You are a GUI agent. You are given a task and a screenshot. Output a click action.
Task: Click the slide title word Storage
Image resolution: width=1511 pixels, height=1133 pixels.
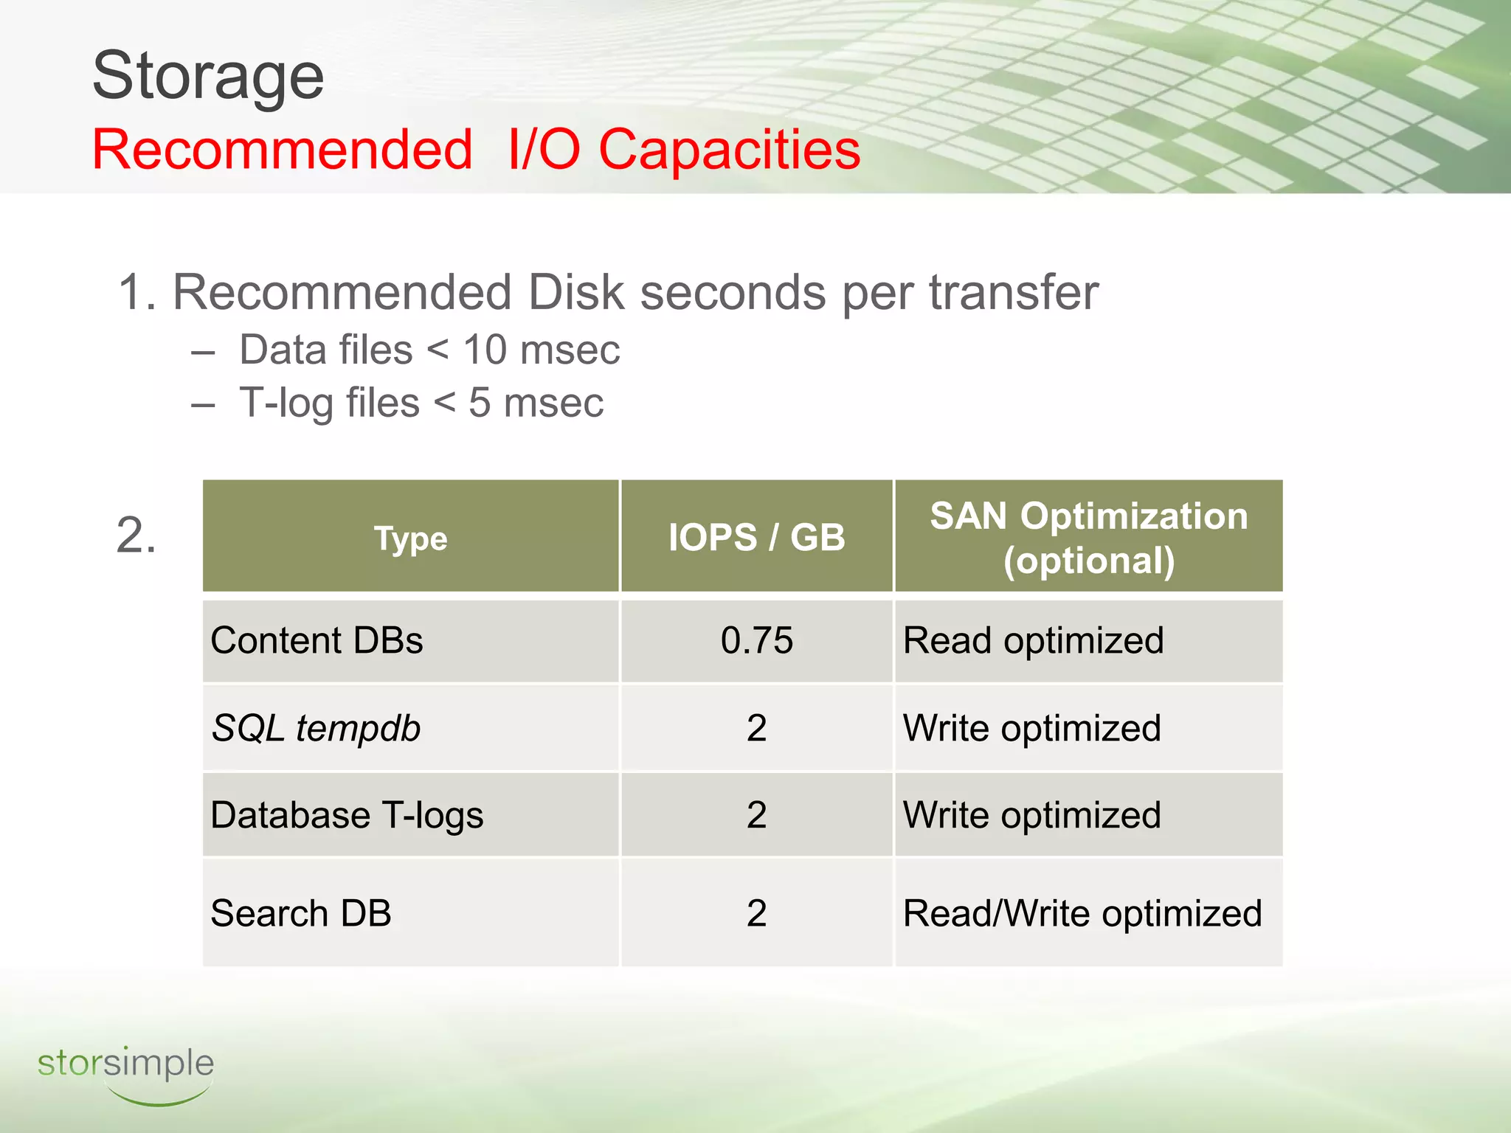tap(208, 76)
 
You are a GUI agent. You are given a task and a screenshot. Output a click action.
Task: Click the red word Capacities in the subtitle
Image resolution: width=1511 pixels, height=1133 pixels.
tap(729, 150)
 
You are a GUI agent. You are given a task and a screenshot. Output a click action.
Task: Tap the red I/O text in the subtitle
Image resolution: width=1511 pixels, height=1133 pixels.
tap(543, 150)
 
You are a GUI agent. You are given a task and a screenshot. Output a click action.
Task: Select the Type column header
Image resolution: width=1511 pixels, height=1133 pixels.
tap(410, 538)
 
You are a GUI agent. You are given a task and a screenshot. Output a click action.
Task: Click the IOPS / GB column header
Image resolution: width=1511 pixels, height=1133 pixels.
tap(756, 537)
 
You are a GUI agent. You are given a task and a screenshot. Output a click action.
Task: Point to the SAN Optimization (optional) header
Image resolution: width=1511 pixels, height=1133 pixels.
tap(1088, 538)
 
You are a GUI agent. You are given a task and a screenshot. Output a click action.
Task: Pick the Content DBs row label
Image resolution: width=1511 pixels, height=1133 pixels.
tap(317, 640)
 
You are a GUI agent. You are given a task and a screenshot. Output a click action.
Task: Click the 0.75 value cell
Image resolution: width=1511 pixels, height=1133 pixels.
tap(756, 640)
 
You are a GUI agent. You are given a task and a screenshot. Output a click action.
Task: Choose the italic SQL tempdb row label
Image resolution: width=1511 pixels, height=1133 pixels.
tap(316, 729)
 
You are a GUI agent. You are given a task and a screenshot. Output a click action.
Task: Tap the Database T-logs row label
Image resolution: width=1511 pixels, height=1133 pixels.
tap(347, 816)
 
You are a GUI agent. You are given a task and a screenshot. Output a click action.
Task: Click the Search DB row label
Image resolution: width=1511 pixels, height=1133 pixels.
tap(300, 913)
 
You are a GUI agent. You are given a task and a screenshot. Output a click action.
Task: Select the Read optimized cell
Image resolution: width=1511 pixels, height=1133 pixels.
tap(1033, 640)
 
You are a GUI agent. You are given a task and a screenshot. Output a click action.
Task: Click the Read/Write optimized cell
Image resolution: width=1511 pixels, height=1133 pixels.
tap(1082, 913)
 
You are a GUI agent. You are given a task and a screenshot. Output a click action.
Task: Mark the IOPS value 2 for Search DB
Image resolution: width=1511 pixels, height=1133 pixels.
tap(756, 913)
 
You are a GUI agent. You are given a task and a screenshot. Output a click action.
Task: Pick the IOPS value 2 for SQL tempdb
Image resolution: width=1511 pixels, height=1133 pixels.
tap(756, 729)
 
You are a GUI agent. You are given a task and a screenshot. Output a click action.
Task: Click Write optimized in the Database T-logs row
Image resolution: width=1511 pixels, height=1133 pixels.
tap(1031, 816)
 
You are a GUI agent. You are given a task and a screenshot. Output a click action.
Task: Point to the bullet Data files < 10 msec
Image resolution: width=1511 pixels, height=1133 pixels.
tap(429, 350)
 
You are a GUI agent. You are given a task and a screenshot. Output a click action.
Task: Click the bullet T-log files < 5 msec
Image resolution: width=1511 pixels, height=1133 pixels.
tap(421, 403)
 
